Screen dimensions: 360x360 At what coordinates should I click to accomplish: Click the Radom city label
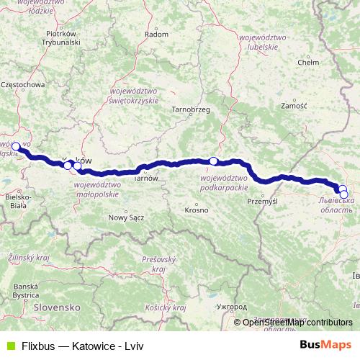click(x=156, y=33)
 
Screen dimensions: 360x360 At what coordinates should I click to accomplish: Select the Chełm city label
click(x=307, y=63)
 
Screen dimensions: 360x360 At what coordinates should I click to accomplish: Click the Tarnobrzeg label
click(x=190, y=109)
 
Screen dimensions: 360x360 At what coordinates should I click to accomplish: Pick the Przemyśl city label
click(x=262, y=202)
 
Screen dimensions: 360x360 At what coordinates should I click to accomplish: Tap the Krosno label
click(x=197, y=210)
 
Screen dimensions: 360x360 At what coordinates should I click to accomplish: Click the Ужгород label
click(x=234, y=307)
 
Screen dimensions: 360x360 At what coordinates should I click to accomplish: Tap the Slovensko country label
click(x=57, y=307)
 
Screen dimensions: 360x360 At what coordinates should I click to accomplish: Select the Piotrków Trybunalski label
click(x=60, y=37)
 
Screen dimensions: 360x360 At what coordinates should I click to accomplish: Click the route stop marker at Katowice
click(x=16, y=145)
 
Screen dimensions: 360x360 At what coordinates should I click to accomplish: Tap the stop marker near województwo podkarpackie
click(x=213, y=161)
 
